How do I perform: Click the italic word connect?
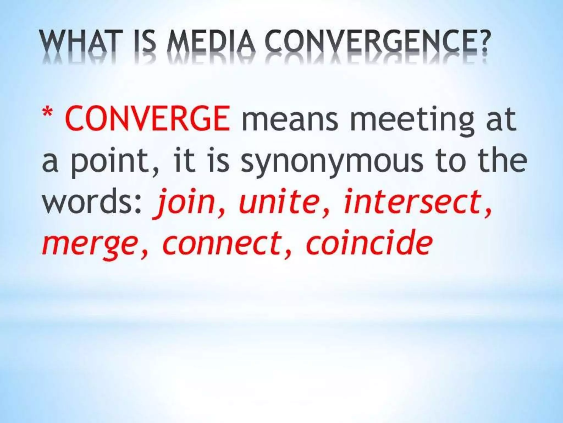click(x=220, y=241)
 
